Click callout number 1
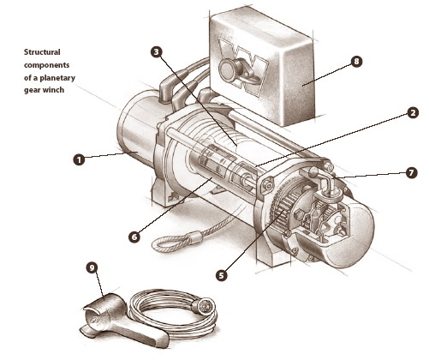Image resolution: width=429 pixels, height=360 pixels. [x=79, y=159]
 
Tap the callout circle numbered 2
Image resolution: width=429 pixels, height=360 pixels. [x=413, y=113]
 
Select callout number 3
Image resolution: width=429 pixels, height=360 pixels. [x=156, y=51]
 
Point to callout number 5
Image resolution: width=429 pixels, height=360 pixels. [x=222, y=275]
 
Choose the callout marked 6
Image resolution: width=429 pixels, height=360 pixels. [x=134, y=237]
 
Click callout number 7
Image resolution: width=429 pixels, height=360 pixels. [x=411, y=173]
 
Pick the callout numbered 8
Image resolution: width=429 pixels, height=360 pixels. [x=356, y=62]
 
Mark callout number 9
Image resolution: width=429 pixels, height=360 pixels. [x=92, y=267]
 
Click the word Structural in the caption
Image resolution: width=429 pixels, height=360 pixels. [x=42, y=52]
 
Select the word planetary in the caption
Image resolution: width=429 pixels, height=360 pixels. [x=57, y=78]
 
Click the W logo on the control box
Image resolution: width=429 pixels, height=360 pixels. [x=242, y=67]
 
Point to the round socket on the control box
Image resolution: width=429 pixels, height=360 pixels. [x=228, y=69]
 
